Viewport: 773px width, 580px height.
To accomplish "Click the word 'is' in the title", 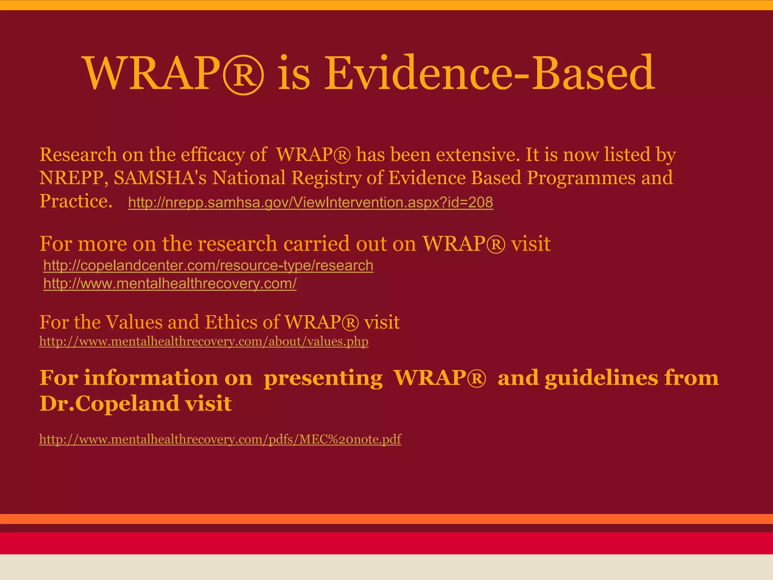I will (x=294, y=73).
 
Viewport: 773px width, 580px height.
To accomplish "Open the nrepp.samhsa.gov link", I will (x=310, y=203).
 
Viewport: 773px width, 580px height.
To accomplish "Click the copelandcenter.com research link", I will (x=208, y=265).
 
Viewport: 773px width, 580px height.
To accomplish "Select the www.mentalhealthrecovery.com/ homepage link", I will (x=170, y=284).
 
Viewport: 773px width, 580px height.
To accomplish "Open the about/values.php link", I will (x=204, y=341).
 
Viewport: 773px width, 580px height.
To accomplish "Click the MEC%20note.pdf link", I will (x=220, y=439).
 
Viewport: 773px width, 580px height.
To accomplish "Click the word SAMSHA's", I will (x=160, y=178).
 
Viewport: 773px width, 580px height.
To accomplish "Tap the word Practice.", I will (x=76, y=201).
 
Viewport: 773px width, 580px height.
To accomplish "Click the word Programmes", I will (x=581, y=178).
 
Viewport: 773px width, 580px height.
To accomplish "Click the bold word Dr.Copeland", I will (x=109, y=404).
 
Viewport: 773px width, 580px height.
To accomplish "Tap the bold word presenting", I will (x=323, y=378).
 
